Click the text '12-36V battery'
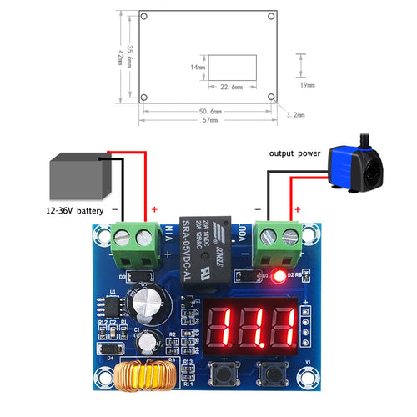point(64,212)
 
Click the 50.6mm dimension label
point(210,110)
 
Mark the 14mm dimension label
point(198,67)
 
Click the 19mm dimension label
point(308,85)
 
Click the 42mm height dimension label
point(121,55)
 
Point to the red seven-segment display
point(252,327)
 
